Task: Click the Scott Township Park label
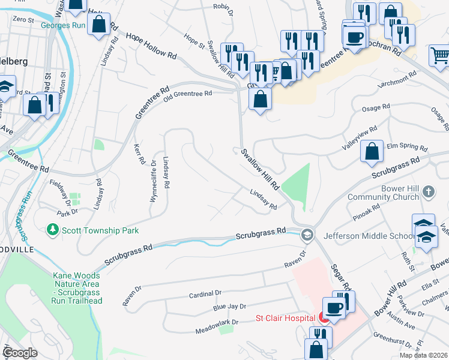click(100, 230)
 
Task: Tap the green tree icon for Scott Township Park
click(53, 230)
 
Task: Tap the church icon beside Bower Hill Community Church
click(427, 192)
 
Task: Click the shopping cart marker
click(440, 55)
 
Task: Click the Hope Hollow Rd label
click(151, 46)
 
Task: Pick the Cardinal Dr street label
click(205, 293)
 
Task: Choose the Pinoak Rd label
click(367, 211)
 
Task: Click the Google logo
click(20, 353)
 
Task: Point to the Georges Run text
click(63, 25)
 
